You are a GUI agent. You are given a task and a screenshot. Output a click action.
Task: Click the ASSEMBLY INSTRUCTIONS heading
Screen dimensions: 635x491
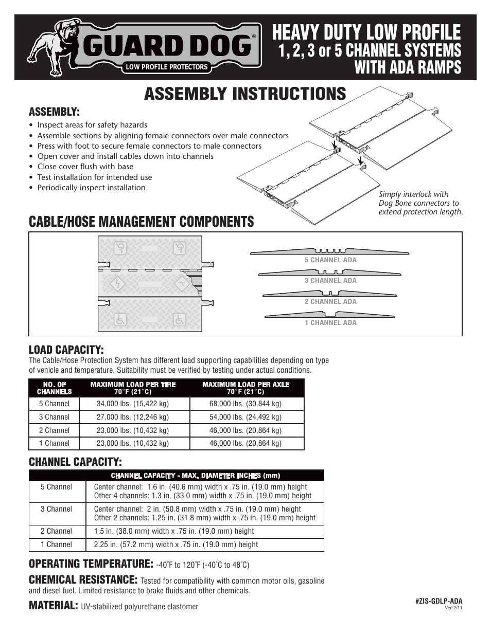245,94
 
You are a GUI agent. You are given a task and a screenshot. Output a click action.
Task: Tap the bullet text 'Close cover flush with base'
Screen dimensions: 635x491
85,167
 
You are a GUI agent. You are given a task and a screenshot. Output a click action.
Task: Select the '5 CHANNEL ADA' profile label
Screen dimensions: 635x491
330,260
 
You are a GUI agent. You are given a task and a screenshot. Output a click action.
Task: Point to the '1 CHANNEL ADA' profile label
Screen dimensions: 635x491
330,323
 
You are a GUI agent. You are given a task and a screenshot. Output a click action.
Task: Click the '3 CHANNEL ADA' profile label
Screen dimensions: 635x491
330,281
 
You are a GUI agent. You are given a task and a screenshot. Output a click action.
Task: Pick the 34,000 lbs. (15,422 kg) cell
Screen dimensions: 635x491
133,404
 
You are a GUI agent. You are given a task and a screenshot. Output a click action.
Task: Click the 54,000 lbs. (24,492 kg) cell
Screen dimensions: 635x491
246,418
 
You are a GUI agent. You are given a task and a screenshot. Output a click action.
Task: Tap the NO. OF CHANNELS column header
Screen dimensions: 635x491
55,388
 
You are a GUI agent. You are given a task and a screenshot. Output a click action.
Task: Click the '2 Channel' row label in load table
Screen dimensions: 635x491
54,431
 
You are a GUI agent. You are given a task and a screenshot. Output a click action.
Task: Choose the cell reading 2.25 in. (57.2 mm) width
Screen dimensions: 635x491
176,545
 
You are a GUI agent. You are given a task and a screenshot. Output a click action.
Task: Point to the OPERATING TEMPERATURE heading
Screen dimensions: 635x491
91,564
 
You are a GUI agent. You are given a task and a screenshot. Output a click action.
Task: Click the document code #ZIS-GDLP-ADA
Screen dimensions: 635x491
439,601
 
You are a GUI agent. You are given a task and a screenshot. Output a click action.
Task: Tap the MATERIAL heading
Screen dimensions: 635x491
53,606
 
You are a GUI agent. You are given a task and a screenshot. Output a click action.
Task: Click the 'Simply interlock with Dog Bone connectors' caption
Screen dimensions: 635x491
420,203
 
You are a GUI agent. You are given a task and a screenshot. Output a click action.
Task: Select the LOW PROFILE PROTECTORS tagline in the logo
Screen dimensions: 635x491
167,67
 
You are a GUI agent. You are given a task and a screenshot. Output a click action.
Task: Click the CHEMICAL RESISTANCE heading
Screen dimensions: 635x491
83,579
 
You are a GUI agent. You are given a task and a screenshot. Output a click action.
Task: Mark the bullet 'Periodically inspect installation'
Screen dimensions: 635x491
91,188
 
